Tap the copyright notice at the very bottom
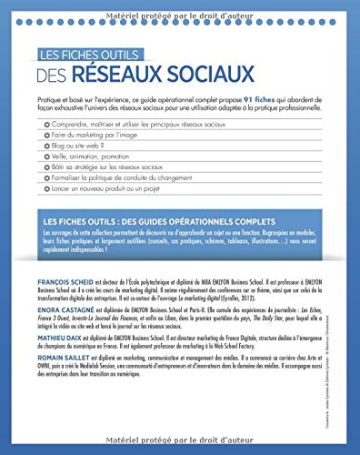coord(180,446)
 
